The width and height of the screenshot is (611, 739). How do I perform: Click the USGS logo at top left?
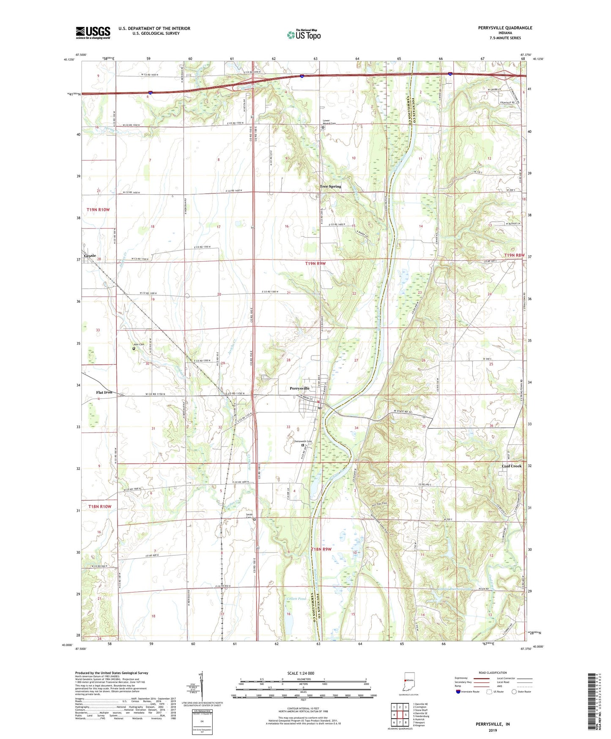point(93,33)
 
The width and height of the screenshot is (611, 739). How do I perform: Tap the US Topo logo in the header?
point(304,35)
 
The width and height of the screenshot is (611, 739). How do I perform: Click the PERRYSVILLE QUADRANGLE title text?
point(505,28)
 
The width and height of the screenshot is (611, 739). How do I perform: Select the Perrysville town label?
point(300,388)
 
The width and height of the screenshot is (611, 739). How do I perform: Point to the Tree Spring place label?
point(330,186)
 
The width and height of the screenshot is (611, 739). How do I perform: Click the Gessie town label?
point(90,256)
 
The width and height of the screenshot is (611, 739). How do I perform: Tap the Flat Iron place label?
point(104,392)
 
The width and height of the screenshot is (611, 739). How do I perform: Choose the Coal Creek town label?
point(512,466)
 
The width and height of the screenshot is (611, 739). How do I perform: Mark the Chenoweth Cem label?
point(302,441)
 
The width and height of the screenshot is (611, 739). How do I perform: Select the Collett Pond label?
point(296,599)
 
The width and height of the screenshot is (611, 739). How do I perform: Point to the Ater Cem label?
point(139,345)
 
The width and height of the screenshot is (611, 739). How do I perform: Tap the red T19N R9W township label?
point(315,263)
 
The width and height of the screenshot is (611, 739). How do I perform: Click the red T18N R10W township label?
point(100,506)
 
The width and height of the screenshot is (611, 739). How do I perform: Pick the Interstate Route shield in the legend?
point(458,692)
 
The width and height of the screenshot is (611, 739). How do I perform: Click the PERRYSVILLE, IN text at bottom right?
point(493,724)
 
